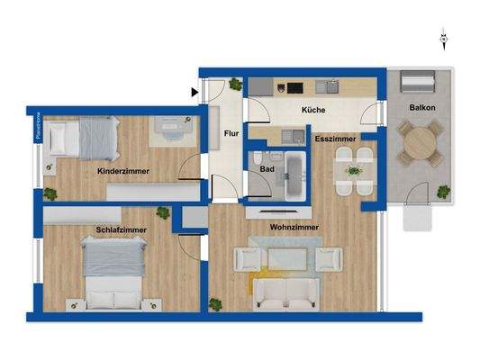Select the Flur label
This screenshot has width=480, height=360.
coord(231,136)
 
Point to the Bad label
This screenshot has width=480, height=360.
coord(267,167)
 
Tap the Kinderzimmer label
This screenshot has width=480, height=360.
coord(123,169)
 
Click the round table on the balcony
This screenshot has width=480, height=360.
coord(418,145)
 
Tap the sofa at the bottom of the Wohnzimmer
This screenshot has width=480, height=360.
coord(284,292)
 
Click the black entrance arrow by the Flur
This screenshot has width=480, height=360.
coord(195,90)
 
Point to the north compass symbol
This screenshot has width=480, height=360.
coord(443,38)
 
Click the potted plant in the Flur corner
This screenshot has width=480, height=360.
coord(235,85)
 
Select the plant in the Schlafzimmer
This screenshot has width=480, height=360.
coord(162,213)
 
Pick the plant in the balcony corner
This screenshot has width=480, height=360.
coord(442,192)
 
